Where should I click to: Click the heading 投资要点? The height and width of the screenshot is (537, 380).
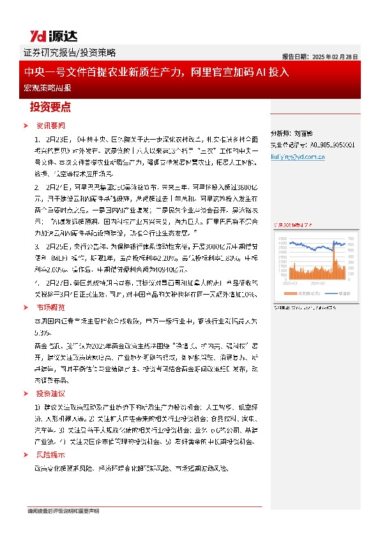(50, 106)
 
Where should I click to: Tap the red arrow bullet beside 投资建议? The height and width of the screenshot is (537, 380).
(26, 394)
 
